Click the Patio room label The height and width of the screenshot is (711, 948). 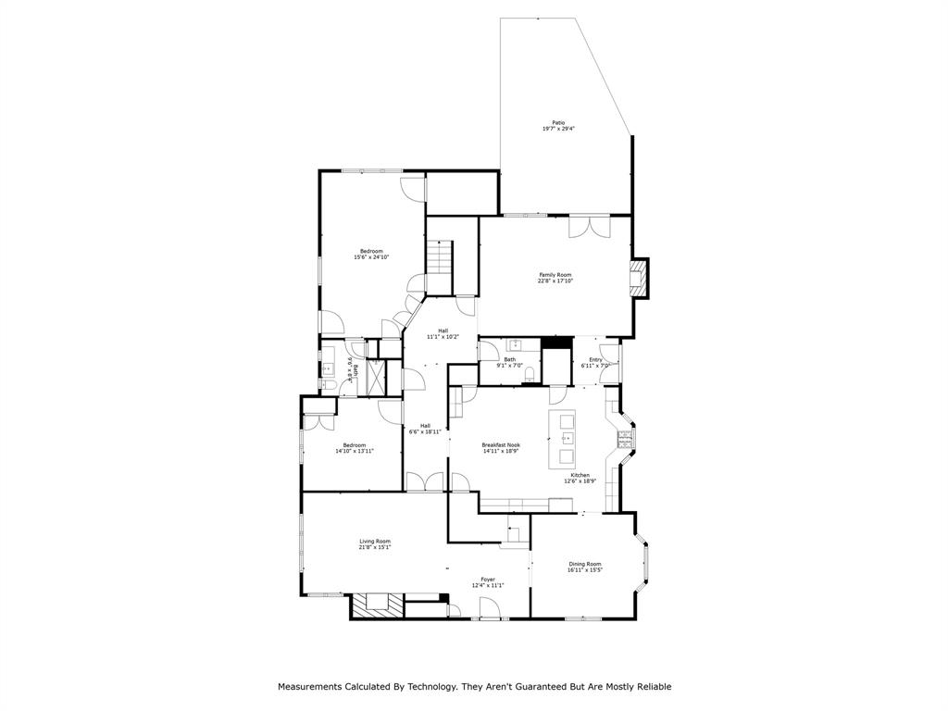coord(558,122)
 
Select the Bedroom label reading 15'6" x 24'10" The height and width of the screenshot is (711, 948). coord(371,257)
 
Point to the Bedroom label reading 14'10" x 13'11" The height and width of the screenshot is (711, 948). coord(354,451)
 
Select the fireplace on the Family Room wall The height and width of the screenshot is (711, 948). coord(638,279)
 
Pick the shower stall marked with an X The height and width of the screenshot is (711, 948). coord(378,378)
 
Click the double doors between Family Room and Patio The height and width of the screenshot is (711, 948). coord(589,226)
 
